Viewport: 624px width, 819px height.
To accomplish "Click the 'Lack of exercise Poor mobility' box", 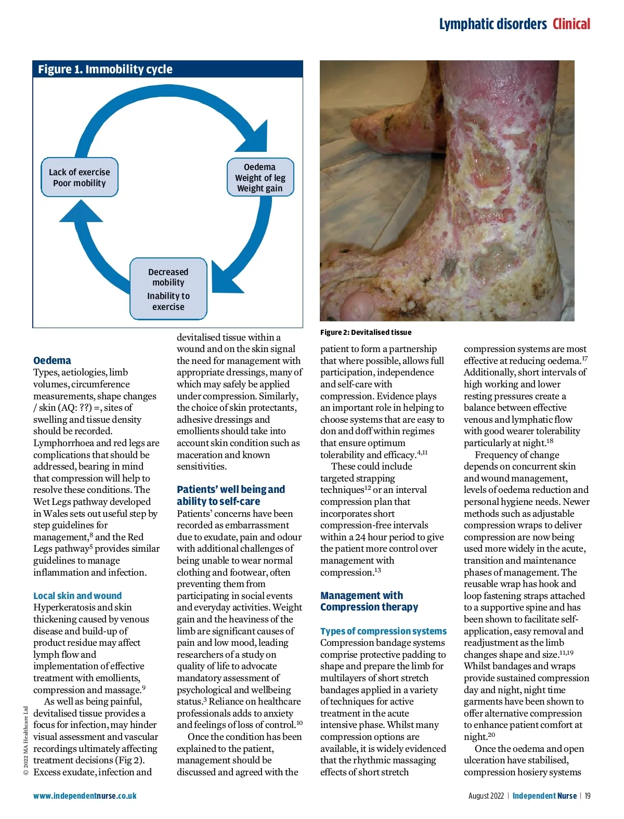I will [80, 177].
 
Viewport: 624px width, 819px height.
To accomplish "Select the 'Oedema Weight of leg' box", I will [260, 177].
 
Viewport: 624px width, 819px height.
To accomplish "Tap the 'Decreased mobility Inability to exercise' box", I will [168, 289].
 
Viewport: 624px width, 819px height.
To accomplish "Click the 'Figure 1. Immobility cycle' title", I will [105, 69].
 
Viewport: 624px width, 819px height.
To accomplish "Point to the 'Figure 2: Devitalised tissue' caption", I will [366, 332].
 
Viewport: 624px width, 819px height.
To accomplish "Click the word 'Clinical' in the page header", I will [571, 24].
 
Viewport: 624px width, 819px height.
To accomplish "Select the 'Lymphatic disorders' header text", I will [492, 24].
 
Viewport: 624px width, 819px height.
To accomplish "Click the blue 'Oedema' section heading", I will [52, 360].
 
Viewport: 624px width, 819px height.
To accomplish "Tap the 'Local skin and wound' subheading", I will [77, 595].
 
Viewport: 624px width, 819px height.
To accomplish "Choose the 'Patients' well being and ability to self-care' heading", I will [230, 495].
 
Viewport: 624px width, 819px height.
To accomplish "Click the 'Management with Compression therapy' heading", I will [369, 601].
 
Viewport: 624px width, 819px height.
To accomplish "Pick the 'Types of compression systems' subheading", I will [383, 631].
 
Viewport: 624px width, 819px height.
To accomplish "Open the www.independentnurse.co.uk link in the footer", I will [85, 796].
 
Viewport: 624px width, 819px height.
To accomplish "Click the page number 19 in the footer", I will [587, 796].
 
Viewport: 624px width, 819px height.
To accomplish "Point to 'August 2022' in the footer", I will [486, 796].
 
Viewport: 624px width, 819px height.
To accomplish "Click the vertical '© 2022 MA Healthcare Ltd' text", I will [25, 740].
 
